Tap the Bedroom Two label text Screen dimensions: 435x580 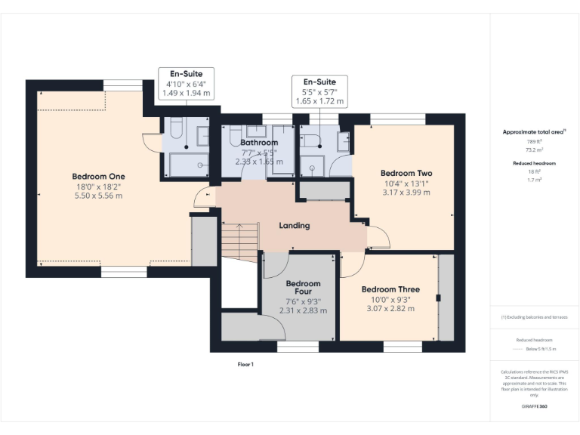(406, 173)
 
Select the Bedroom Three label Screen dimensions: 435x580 (390, 289)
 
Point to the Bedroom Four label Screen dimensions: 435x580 (303, 289)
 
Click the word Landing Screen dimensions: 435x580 (295, 225)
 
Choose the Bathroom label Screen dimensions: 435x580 (259, 142)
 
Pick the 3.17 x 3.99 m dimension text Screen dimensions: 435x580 (406, 193)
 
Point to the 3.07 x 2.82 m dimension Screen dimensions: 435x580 (390, 308)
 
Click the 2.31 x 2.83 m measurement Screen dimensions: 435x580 (303, 310)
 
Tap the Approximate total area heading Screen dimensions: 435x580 (534, 132)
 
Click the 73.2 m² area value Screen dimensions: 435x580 (534, 150)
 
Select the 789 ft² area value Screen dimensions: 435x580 (534, 141)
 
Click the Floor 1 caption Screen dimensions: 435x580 (245, 364)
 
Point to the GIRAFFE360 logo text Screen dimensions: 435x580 (534, 407)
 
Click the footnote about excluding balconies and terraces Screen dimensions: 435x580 (534, 317)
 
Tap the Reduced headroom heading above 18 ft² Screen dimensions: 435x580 (534, 163)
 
